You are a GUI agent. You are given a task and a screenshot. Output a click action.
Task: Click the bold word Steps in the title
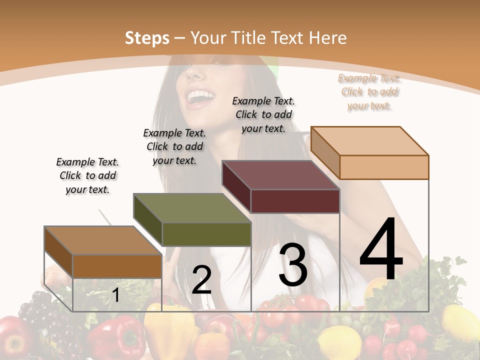pyautogui.click(x=147, y=38)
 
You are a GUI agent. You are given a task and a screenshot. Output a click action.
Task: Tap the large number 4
pyautogui.click(x=381, y=249)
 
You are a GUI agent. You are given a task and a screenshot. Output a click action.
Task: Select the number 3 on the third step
pyautogui.click(x=293, y=265)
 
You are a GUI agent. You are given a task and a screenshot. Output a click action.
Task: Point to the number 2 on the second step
pyautogui.click(x=202, y=280)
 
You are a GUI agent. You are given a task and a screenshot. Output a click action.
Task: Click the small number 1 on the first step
pyautogui.click(x=116, y=295)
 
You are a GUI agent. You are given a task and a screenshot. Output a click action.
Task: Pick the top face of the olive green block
pyautogui.click(x=192, y=208)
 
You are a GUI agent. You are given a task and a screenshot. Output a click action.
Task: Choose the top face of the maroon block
pyautogui.click(x=281, y=175)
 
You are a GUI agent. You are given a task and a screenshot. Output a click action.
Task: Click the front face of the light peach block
pyautogui.click(x=384, y=167)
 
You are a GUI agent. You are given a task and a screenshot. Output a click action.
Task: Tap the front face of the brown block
pyautogui.click(x=117, y=266)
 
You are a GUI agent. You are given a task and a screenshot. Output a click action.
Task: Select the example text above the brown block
pyautogui.click(x=87, y=175)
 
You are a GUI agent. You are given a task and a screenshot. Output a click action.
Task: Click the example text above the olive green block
pyautogui.click(x=174, y=146)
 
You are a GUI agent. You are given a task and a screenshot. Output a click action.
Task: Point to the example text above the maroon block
pyautogui.click(x=263, y=114)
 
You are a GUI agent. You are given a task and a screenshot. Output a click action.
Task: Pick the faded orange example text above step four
pyautogui.click(x=369, y=91)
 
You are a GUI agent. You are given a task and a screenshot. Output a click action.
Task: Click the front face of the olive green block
pyautogui.click(x=206, y=234)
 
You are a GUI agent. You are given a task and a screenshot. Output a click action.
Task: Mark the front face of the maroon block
pyautogui.click(x=295, y=201)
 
